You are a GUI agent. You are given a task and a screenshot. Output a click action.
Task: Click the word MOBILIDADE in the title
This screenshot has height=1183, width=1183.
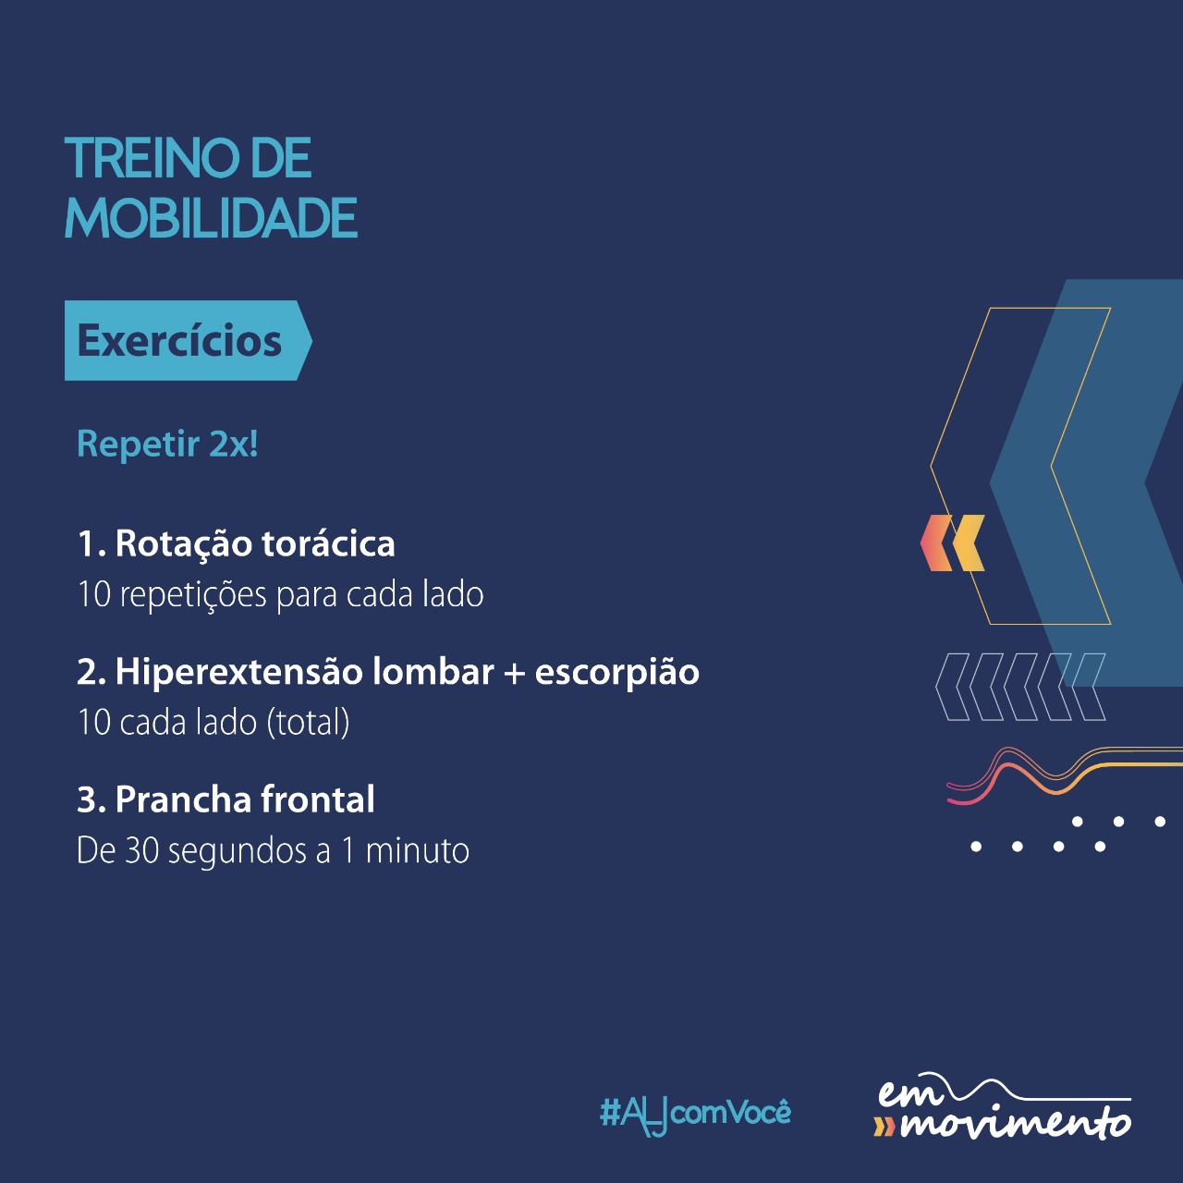211,218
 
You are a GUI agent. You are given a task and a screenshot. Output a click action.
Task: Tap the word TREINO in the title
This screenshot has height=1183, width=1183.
152,158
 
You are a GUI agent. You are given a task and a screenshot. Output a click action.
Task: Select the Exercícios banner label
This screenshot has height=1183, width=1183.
179,341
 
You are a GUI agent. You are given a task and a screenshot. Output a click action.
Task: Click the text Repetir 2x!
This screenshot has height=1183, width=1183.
167,444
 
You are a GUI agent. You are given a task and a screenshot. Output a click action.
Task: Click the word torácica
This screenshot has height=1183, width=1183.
328,543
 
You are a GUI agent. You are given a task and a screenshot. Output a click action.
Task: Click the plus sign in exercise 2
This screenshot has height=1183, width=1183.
514,673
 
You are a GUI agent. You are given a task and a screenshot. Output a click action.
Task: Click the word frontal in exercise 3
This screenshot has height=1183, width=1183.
317,799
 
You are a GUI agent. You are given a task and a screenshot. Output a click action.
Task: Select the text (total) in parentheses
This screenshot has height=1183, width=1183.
308,723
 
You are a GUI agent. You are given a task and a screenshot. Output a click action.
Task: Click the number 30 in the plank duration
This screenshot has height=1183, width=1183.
142,851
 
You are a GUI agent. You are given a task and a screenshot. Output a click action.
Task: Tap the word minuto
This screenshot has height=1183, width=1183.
418,851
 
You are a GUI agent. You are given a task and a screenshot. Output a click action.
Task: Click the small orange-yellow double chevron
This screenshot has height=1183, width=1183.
952,543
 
